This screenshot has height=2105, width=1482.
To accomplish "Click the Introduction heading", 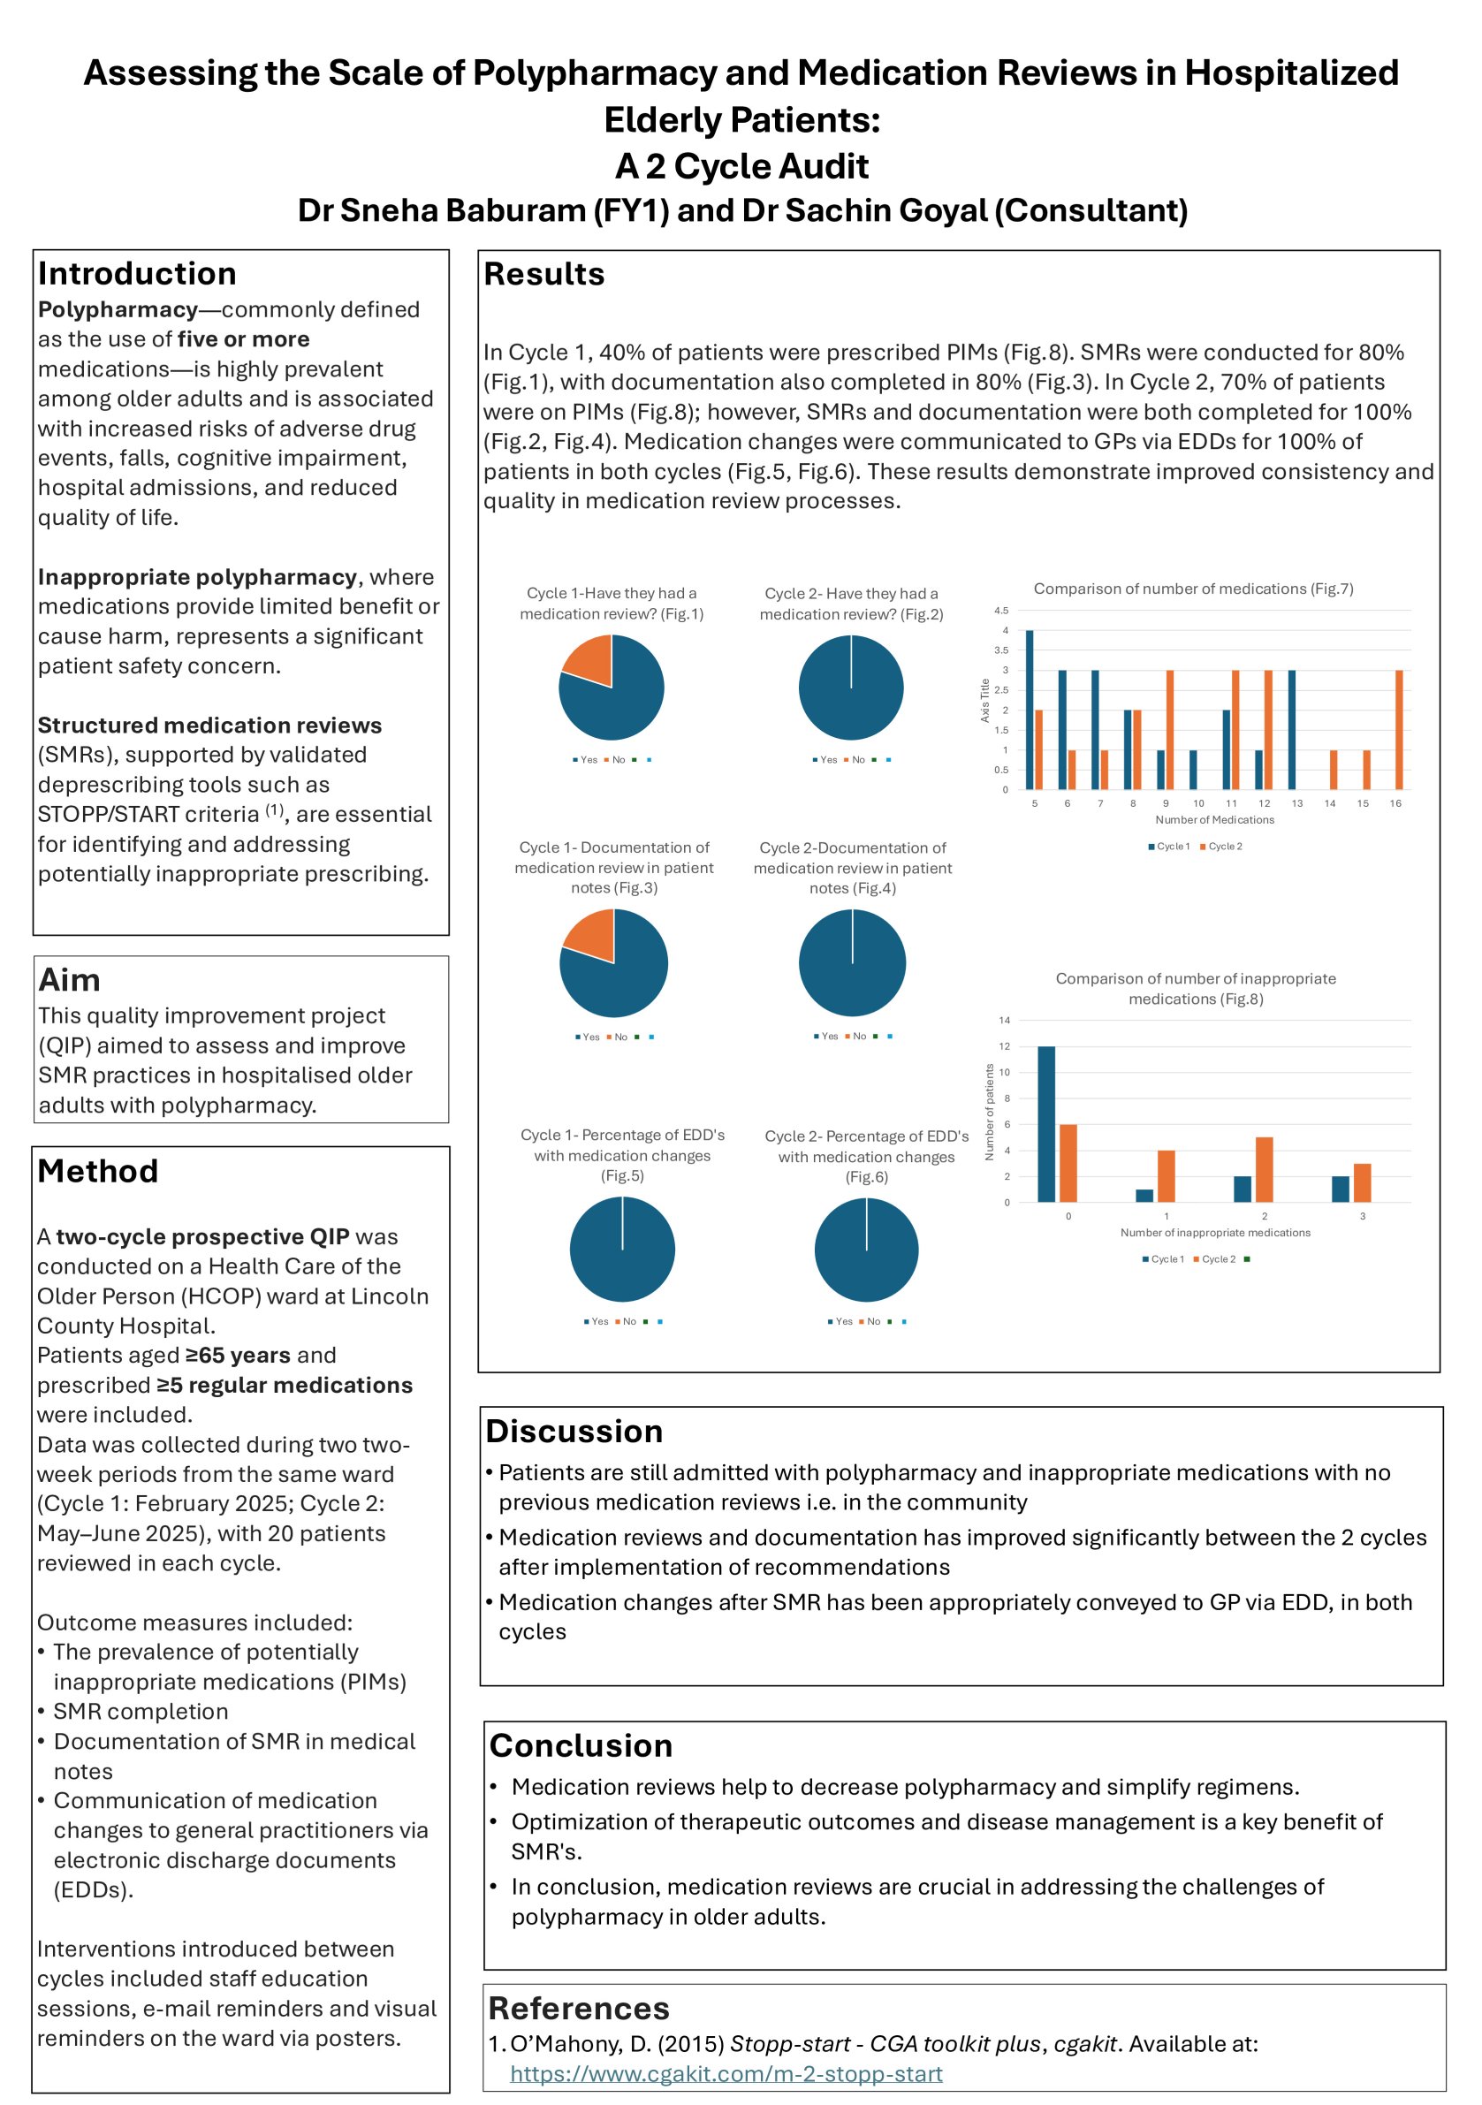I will point(137,273).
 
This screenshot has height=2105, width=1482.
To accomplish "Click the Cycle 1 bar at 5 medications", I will point(1029,710).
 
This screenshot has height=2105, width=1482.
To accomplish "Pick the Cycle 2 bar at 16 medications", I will point(1399,730).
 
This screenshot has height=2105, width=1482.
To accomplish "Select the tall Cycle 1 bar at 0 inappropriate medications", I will point(1045,1123).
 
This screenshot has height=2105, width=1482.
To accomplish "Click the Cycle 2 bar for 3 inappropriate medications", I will point(1362,1182).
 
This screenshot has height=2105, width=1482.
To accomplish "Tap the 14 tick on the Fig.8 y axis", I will point(1004,1020).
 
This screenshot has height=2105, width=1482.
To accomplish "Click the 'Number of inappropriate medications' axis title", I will point(1214,1232).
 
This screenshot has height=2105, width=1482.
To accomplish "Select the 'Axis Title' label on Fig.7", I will point(985,701).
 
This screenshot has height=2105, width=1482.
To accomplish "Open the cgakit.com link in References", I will point(726,2074).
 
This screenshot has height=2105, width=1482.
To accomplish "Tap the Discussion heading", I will point(574,1431).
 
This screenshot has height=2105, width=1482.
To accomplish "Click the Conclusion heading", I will point(581,1745).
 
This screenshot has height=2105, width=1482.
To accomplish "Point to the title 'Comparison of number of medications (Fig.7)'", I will point(1192,589).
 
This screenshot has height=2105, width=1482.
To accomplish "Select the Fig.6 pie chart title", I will point(866,1156).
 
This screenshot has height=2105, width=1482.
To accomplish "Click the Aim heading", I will point(69,980).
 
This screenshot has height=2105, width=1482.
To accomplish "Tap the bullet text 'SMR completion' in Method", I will point(141,1712).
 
